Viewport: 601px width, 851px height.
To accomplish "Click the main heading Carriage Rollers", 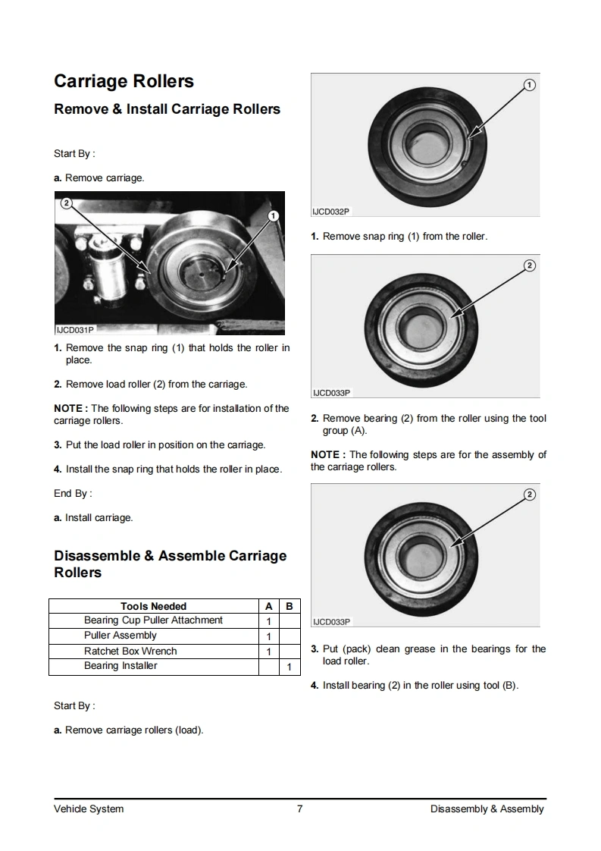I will pos(124,81).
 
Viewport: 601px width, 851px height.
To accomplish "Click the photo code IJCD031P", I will pos(75,330).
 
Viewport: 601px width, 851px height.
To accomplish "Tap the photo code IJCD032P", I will pos(331,212).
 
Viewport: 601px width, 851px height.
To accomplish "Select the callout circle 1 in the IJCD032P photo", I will pos(529,84).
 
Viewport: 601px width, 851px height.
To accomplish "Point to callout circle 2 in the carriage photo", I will pos(66,203).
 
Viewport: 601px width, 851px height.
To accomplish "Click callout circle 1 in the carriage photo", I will pos(274,216).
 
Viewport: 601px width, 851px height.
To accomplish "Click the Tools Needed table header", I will pos(153,606).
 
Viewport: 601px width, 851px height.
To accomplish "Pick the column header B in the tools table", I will pos(289,606).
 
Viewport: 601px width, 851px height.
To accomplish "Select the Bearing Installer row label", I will pos(121,666).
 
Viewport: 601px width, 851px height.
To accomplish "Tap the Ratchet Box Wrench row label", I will pos(130,651).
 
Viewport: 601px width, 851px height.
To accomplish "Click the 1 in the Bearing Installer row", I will pos(289,667).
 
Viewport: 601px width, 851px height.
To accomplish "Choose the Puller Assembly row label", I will pos(120,636).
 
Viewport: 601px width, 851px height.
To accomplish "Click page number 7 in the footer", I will pos(300,809).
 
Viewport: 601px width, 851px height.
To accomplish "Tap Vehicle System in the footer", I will pos(89,809).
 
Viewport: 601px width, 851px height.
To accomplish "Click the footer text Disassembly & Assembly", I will pos(487,809).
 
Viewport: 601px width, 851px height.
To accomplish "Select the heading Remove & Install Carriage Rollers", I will pos(167,109).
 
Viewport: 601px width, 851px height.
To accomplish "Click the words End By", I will pos(71,494).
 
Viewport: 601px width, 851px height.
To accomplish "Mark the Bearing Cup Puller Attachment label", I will pos(153,620).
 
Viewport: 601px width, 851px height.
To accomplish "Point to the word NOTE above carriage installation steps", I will pos(70,409).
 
